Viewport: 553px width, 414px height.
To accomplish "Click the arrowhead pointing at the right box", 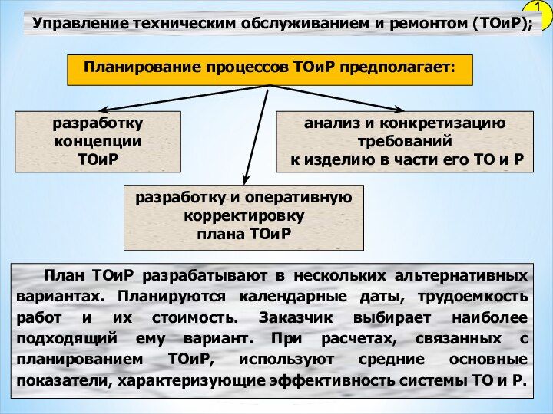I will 397,110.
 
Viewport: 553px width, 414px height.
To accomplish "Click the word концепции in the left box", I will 98,142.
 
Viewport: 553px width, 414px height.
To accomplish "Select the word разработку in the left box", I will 98,123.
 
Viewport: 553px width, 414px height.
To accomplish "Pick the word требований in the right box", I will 405,142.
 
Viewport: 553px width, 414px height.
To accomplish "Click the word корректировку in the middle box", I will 243,216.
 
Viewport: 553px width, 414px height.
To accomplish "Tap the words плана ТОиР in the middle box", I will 243,234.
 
